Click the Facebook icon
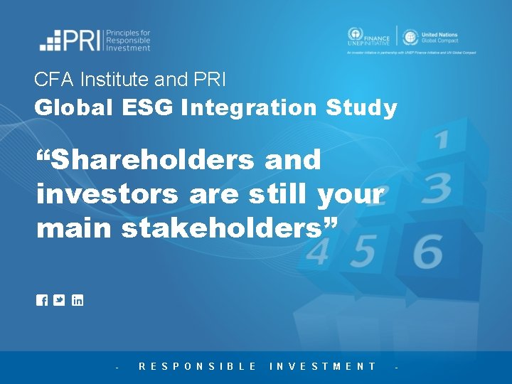click(x=42, y=300)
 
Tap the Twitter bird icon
click(x=60, y=300)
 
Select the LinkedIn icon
click(x=78, y=300)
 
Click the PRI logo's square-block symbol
click(x=50, y=41)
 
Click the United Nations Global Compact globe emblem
click(x=410, y=38)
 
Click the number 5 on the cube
click(x=365, y=250)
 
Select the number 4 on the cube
click(x=317, y=252)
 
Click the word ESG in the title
click(x=150, y=108)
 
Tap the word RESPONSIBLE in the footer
click(x=198, y=366)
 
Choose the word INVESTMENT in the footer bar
click(x=323, y=366)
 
